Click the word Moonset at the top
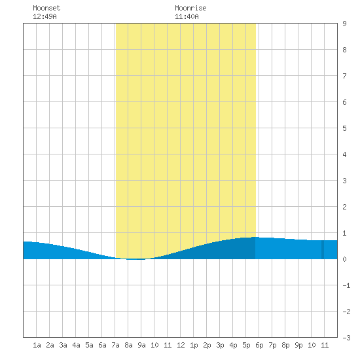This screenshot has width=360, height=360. [x=46, y=8]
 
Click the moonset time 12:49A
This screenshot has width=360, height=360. [x=45, y=16]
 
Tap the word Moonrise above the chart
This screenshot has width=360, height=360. [x=190, y=8]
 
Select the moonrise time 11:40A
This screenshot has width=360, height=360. [x=187, y=16]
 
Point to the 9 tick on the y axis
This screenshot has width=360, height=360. [x=344, y=24]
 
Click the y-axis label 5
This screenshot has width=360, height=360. [x=344, y=128]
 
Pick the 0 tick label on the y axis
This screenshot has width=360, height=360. [x=344, y=259]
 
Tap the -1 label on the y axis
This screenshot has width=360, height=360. [x=346, y=285]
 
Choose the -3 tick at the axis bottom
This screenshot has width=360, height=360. [x=346, y=338]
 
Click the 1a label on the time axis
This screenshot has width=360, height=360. [x=37, y=345]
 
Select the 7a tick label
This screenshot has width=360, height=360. [x=115, y=345]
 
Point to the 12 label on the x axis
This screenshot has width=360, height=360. [x=181, y=345]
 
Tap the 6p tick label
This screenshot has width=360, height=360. [x=259, y=345]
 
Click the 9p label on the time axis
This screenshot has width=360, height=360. [x=298, y=345]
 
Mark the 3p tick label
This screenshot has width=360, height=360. [x=220, y=345]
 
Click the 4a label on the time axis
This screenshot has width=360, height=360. [x=76, y=345]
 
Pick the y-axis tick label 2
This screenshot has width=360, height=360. [x=344, y=207]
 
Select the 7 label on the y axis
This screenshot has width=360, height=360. [x=344, y=76]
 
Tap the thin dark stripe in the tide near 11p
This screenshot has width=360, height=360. [x=323, y=249]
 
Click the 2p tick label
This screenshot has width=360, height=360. [x=207, y=345]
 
